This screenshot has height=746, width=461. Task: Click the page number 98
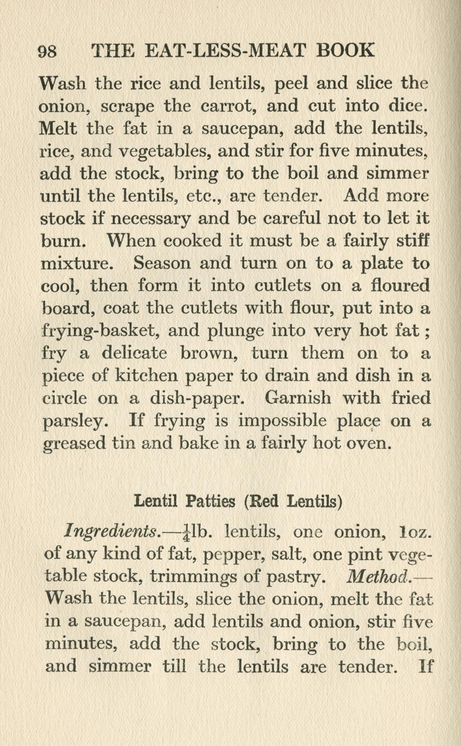(x=48, y=51)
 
